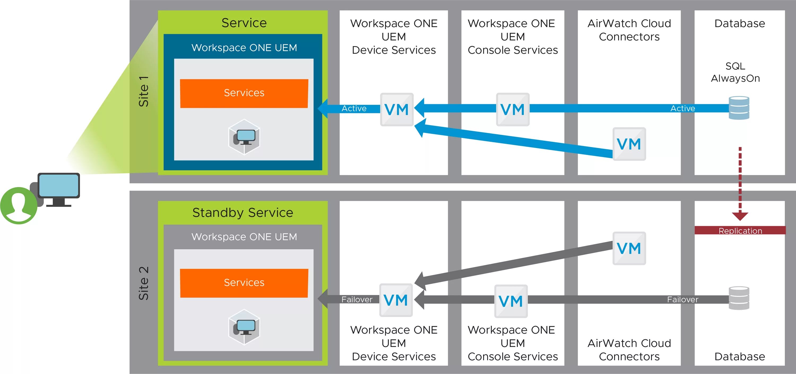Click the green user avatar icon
pos(19,205)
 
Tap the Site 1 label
pos(144,92)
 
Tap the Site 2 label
pos(144,283)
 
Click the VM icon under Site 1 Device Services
pos(396,110)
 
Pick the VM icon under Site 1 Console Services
pos(513,110)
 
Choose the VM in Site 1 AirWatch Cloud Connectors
pos(629,144)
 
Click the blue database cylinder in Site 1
pos(739,108)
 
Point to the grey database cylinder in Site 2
pos(739,298)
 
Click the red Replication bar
pos(740,231)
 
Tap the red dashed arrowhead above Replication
pos(740,216)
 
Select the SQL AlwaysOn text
pos(735,72)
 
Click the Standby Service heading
pos(243,212)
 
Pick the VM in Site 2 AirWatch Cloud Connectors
pos(629,248)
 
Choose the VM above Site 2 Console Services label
pos(511,301)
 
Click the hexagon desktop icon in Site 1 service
pos(244,137)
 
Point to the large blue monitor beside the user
pos(59,186)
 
